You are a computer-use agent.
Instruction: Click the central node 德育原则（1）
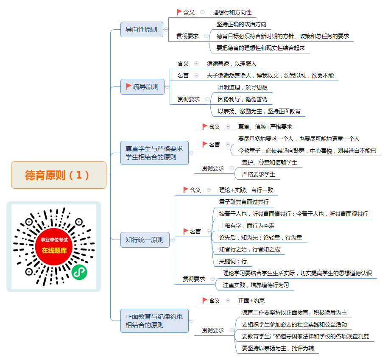(59, 175)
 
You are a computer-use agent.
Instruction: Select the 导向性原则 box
(142, 29)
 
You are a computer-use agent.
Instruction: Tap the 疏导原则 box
(142, 87)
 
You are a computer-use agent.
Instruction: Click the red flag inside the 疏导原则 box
(128, 87)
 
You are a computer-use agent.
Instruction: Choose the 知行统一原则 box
(145, 240)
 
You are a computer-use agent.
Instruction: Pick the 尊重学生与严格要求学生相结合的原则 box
(154, 153)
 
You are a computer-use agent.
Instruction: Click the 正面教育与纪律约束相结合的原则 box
(154, 321)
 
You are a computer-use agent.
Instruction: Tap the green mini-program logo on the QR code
(79, 272)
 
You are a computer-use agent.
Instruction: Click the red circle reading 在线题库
(54, 246)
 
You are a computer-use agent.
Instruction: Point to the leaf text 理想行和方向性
(232, 12)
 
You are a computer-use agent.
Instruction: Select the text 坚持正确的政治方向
(242, 24)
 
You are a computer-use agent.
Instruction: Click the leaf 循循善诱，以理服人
(232, 64)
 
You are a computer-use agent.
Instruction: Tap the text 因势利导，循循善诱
(243, 100)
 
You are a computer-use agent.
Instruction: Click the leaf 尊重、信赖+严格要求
(265, 127)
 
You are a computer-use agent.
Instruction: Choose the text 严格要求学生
(259, 174)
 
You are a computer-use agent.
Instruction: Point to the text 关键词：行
(233, 261)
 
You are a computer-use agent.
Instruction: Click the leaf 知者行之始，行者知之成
(249, 249)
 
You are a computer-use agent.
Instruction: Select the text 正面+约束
(251, 301)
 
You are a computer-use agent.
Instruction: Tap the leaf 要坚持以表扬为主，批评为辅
(278, 349)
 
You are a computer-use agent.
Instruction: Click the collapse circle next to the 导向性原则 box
(166, 29)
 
